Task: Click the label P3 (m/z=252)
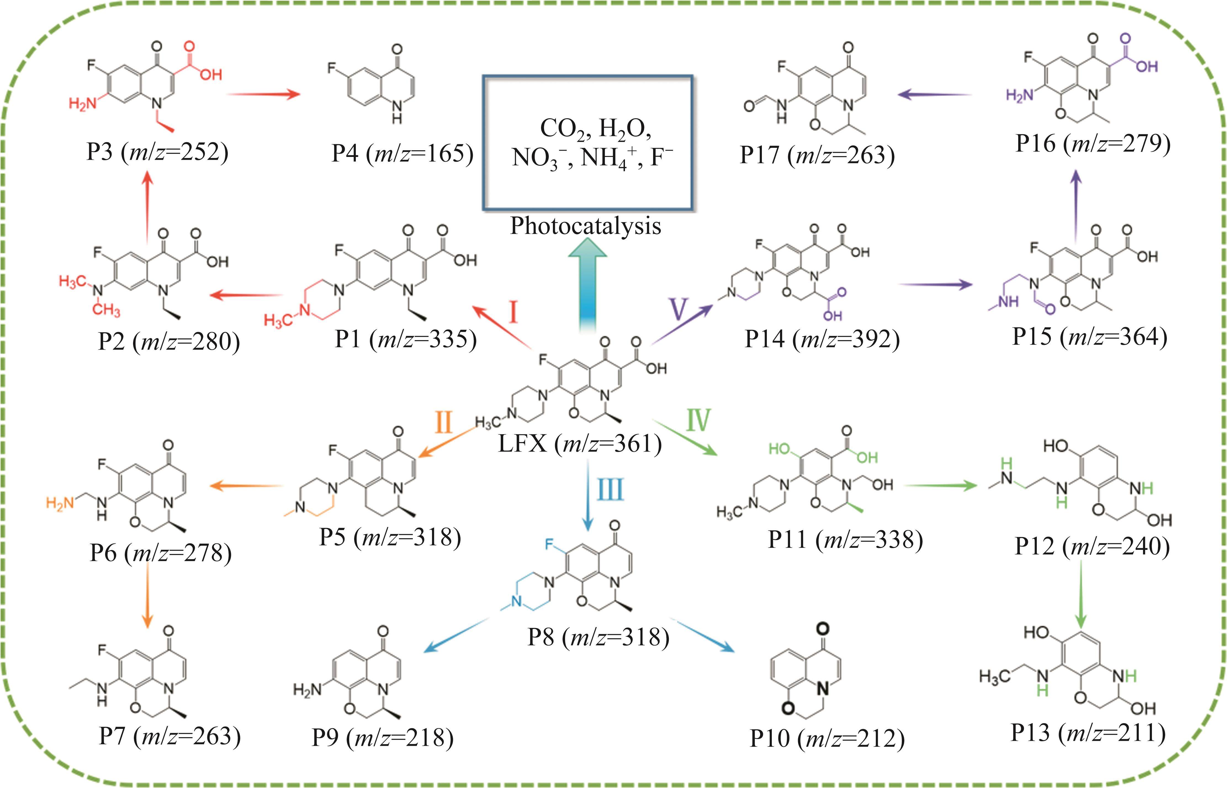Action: click(x=157, y=152)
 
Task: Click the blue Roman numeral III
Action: click(x=610, y=489)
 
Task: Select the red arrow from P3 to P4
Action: click(x=263, y=94)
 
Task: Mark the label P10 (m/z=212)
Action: click(x=827, y=738)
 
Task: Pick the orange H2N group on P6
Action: click(x=60, y=503)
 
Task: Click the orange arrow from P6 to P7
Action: click(x=147, y=596)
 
